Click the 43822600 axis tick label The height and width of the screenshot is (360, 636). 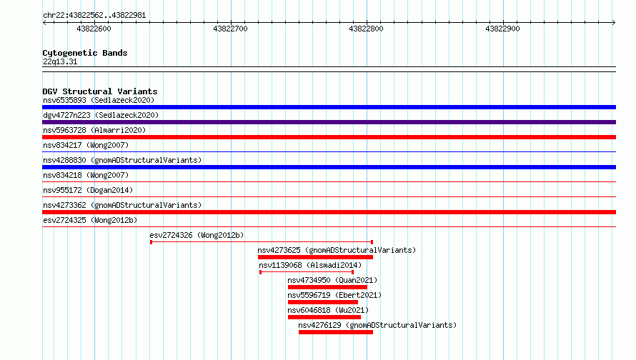94,29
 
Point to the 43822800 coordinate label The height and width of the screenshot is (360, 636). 366,29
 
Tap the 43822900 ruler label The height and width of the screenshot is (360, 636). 502,29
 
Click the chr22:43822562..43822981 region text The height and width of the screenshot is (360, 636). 94,16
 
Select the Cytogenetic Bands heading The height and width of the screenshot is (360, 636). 85,53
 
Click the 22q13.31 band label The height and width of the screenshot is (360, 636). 60,61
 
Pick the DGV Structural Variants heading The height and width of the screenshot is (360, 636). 100,91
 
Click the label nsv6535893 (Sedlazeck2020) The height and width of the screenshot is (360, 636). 99,100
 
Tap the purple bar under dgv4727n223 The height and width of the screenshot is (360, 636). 329,122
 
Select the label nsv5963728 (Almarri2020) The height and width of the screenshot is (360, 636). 94,130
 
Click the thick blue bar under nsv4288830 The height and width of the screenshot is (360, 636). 329,167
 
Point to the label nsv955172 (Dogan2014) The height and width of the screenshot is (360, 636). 88,190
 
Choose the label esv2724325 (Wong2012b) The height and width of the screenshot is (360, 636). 90,220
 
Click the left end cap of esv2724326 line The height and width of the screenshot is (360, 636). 151,242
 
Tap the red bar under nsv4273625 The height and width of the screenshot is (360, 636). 315,257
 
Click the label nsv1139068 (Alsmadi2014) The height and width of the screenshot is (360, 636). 310,265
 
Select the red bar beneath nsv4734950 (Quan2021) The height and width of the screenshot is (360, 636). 327,287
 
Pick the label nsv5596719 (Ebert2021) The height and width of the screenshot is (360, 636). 334,295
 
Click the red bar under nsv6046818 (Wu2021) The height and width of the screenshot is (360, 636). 324,317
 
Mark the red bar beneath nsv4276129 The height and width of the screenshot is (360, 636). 336,332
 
